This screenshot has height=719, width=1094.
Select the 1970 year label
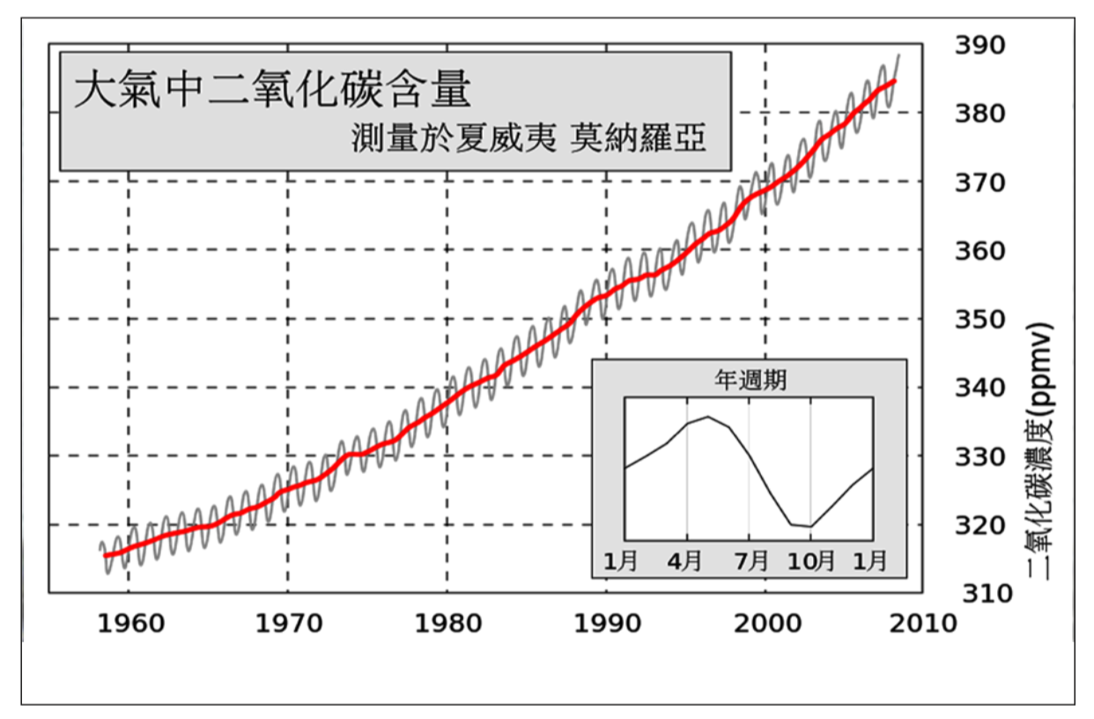[288, 624]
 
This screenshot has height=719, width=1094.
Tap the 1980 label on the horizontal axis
[447, 624]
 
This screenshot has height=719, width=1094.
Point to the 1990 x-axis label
[607, 624]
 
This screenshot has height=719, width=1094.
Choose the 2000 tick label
[765, 624]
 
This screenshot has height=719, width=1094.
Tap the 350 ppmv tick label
[980, 319]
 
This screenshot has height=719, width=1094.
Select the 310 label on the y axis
[980, 593]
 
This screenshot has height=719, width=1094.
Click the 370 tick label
[980, 182]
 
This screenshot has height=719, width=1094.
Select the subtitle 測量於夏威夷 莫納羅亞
[529, 138]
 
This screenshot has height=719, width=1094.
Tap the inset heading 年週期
[750, 381]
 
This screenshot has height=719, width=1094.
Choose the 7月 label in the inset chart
[750, 560]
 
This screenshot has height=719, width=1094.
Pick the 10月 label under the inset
[810, 560]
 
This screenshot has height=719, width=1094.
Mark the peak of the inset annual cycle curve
[707, 417]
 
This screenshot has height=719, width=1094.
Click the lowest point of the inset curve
[809, 527]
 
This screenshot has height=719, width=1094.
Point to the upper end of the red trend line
[894, 81]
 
